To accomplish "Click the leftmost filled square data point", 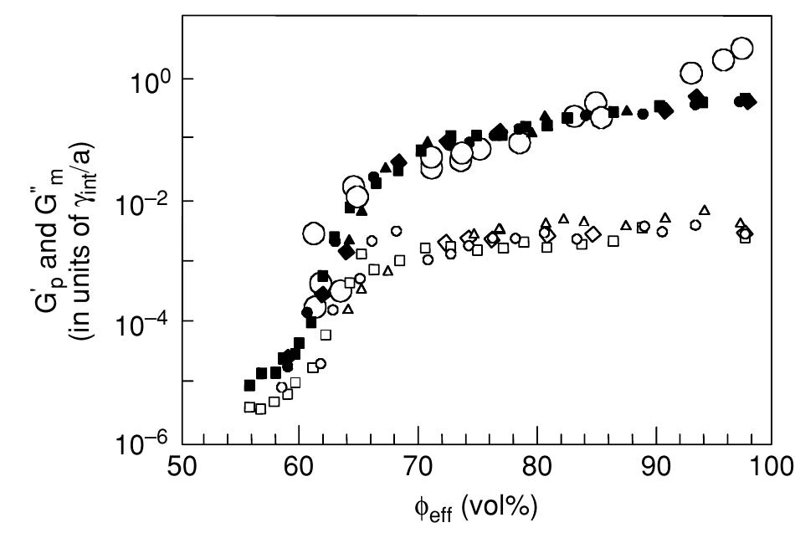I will [249, 385].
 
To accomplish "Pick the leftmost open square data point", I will [249, 407].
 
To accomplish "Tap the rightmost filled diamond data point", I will [748, 101].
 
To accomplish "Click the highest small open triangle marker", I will [705, 210].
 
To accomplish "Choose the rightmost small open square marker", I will [746, 238].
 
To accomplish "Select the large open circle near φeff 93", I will [691, 73].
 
